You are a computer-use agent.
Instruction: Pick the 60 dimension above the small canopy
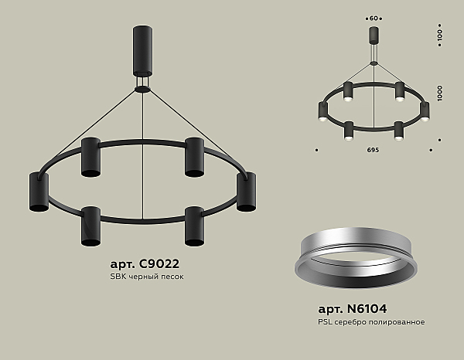[373, 16]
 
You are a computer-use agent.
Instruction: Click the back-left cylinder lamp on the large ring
[91, 157]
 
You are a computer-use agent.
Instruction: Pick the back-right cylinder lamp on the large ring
[193, 157]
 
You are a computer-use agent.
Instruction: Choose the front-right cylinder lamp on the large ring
[193, 225]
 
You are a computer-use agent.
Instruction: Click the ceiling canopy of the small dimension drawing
[373, 35]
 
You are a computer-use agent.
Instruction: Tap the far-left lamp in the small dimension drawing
[322, 111]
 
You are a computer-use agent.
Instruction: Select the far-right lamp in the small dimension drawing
[424, 111]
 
